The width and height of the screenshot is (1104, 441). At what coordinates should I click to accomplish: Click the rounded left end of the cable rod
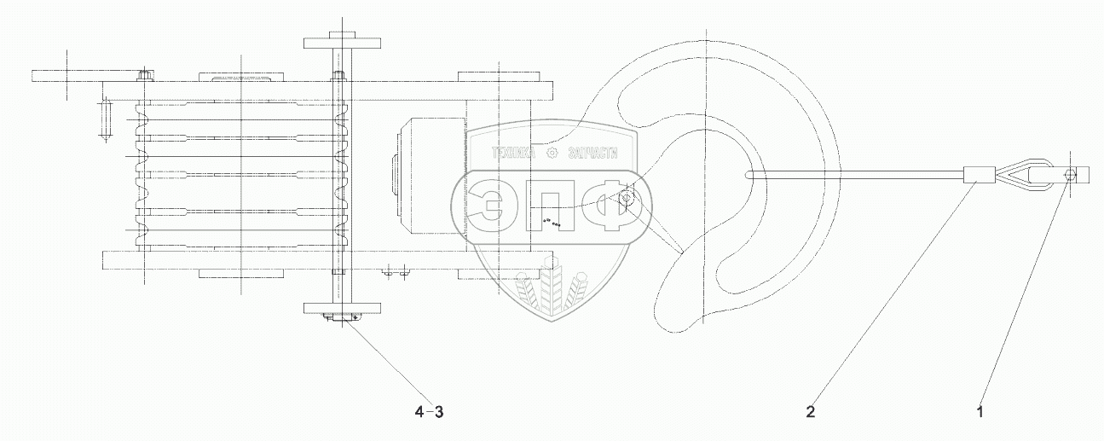point(748,177)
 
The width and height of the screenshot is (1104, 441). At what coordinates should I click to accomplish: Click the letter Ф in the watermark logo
point(609,206)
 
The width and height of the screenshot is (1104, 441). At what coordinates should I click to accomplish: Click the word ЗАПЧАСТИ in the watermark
point(591,154)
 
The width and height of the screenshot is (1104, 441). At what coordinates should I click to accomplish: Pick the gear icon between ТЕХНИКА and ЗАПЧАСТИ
point(552,154)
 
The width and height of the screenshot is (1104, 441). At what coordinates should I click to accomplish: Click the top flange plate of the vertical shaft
point(340,43)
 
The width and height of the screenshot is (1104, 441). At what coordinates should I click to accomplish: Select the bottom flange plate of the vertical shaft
point(340,308)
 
